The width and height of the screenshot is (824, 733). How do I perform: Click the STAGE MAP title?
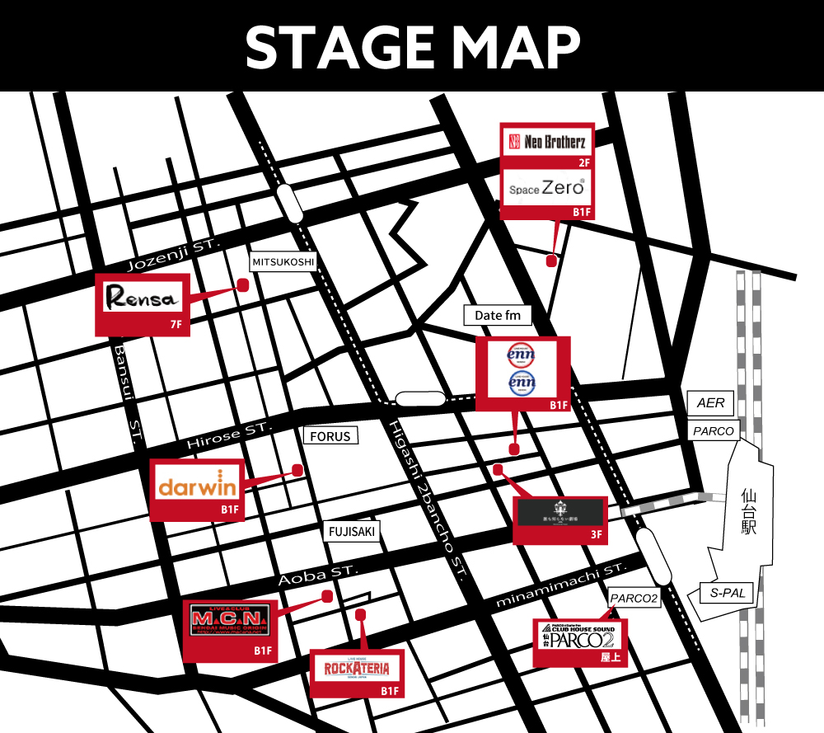[412, 47]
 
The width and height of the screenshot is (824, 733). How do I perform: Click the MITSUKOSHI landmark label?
[283, 262]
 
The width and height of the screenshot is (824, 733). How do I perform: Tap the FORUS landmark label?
[330, 436]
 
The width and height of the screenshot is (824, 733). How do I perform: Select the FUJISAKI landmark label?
[351, 532]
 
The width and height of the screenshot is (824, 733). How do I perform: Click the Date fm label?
[498, 315]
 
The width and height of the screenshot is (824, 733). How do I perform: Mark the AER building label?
[710, 403]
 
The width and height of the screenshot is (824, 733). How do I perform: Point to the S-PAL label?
[716, 593]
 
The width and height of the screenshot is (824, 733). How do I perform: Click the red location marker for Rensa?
[242, 284]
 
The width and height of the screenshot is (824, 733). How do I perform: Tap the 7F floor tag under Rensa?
[176, 326]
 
